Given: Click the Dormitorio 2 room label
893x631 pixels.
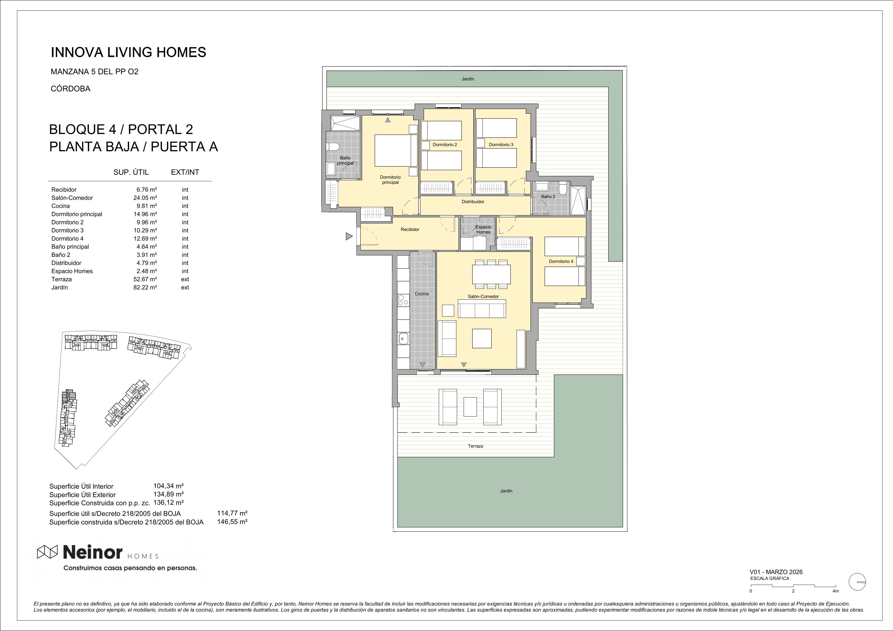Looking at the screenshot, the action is [x=445, y=145].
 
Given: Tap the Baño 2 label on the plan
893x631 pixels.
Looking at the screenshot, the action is [x=548, y=197].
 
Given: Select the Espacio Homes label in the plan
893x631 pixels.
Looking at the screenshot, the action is [x=483, y=230].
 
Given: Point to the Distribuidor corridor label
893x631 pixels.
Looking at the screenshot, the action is [x=473, y=202].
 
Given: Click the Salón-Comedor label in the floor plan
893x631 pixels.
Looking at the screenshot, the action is [x=483, y=296].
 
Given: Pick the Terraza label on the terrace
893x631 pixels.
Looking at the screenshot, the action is [x=475, y=446].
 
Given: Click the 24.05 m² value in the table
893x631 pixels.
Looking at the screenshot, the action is [x=145, y=198].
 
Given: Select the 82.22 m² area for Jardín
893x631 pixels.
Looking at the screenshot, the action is [x=145, y=287].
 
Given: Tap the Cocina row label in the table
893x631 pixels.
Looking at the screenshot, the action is [x=61, y=206].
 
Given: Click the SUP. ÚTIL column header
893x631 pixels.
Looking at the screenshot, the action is [x=131, y=172].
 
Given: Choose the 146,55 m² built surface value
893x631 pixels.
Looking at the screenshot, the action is [x=232, y=522].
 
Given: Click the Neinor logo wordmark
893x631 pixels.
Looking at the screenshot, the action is [x=93, y=552].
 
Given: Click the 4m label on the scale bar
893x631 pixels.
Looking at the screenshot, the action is [x=835, y=591].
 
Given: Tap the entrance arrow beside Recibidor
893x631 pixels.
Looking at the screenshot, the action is [x=349, y=236].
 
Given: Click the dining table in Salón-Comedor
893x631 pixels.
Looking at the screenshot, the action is [x=491, y=274].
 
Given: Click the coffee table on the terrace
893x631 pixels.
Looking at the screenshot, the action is [x=470, y=407].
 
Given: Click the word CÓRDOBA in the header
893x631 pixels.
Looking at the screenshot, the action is [x=71, y=88].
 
